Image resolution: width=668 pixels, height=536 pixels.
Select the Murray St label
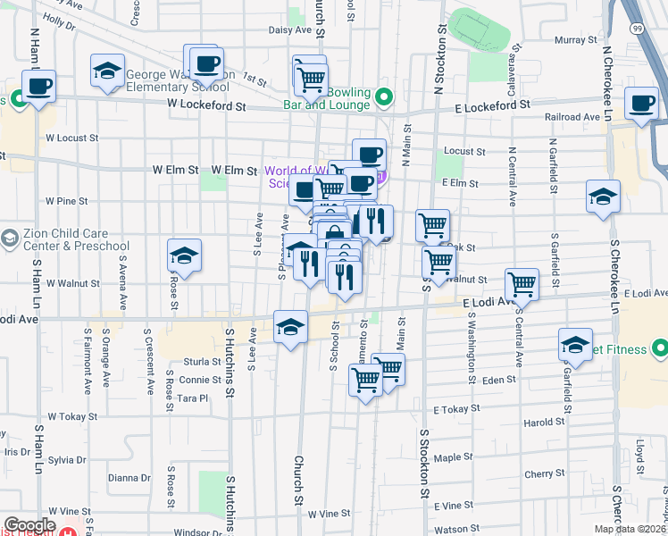pos(574,40)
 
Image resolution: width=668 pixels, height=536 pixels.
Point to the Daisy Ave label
pos(289,29)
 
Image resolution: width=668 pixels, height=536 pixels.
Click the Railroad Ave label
pos(573,117)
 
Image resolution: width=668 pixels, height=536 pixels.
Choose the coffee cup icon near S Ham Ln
pos(38,88)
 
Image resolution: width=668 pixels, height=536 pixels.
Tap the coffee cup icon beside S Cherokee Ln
pos(642,103)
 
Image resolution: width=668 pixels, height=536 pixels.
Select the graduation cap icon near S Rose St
pos(184,256)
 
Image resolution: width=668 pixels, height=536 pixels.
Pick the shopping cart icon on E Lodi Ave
pos(522,285)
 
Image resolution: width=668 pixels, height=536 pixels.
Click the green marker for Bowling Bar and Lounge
pos(384,97)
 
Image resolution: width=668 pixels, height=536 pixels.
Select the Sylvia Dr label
pos(67,460)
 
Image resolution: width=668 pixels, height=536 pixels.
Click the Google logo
pos(29,525)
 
